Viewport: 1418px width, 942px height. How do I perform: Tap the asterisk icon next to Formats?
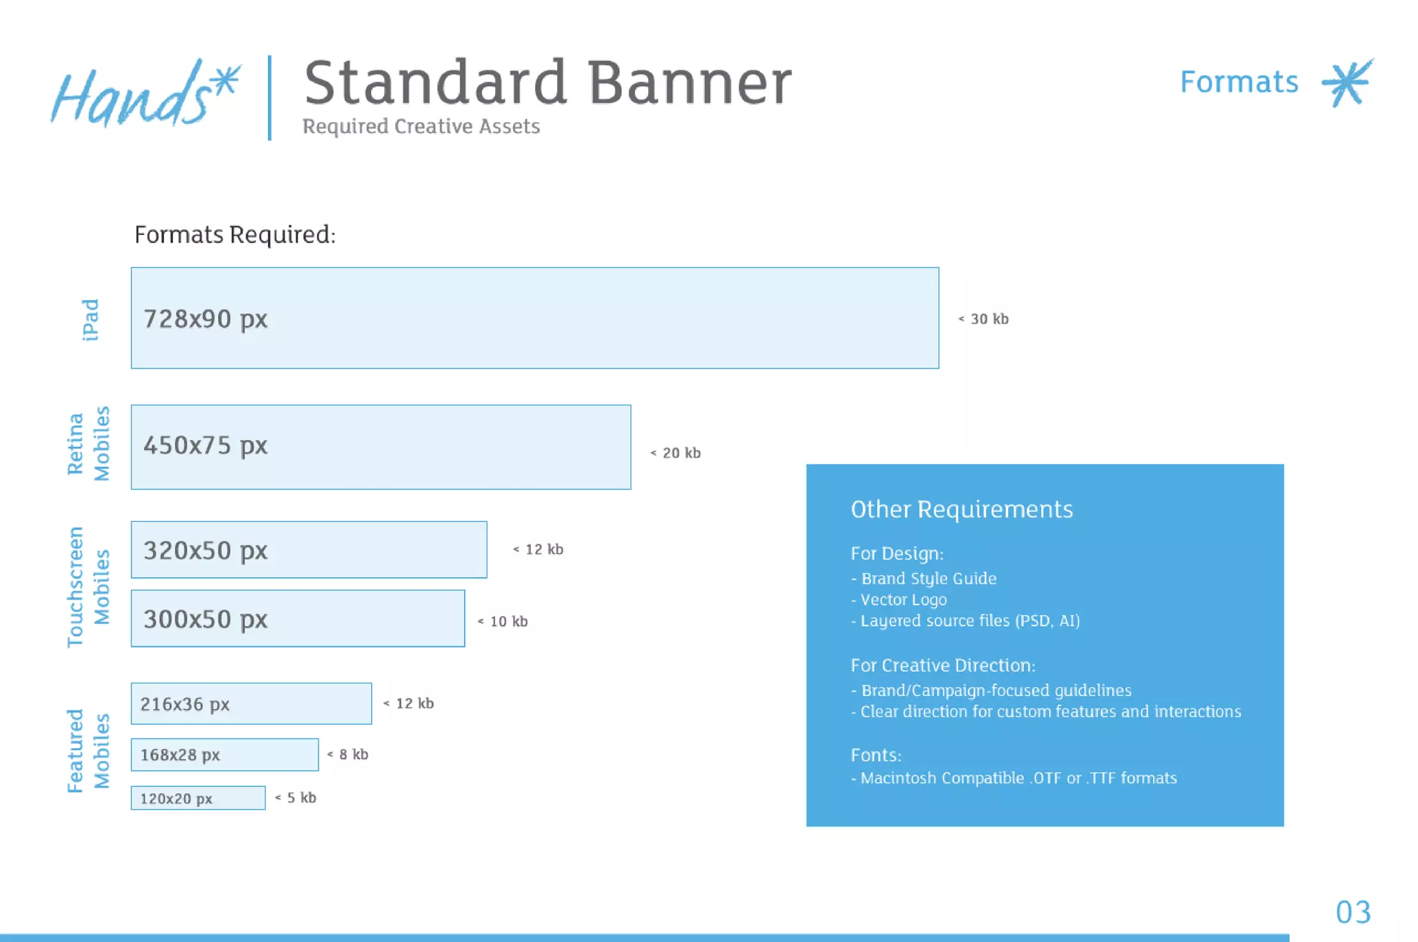pos(1347,82)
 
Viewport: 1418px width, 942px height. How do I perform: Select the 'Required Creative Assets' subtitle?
pos(421,127)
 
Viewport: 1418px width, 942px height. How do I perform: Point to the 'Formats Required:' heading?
pos(235,235)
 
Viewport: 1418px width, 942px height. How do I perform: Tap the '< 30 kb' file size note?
pos(983,319)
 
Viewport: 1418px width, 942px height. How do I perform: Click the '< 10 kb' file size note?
pos(503,621)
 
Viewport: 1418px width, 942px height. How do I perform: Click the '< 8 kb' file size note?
pos(348,754)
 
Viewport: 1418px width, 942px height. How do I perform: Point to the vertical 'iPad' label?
pos(90,320)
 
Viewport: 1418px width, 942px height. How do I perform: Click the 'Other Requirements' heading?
pos(961,510)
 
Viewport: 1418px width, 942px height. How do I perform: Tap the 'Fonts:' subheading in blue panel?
pos(876,756)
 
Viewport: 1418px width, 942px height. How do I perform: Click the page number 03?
pos(1353,912)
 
